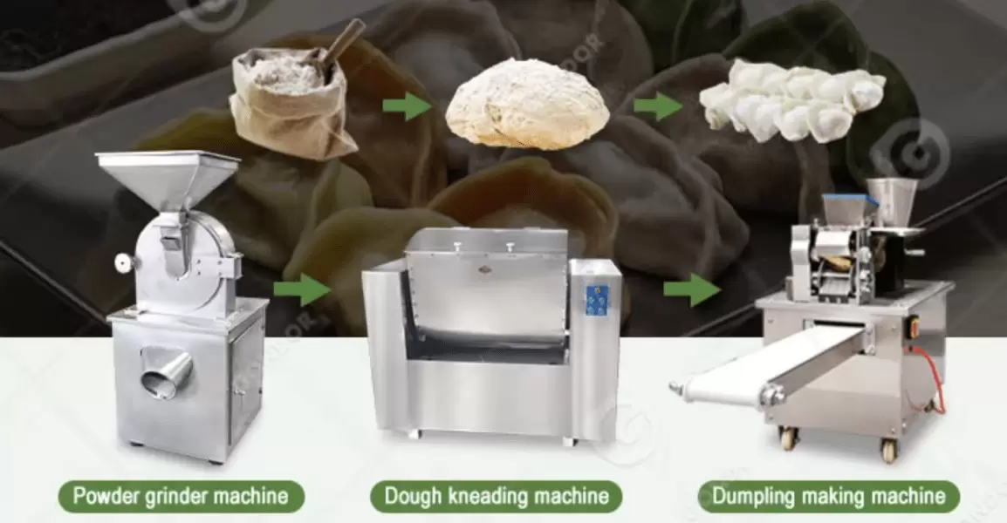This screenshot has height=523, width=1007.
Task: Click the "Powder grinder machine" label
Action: click(x=181, y=497)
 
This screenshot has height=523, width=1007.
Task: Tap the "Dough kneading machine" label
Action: click(x=496, y=497)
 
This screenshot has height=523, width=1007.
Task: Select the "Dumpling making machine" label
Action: click(x=828, y=497)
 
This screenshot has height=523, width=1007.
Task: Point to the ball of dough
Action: click(x=527, y=105)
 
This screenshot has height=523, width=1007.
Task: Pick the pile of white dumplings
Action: click(x=790, y=100)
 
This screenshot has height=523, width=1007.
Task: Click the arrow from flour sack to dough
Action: click(x=407, y=107)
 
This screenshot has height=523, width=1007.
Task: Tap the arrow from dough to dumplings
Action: click(x=657, y=106)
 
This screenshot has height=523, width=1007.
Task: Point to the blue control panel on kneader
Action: click(x=597, y=299)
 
